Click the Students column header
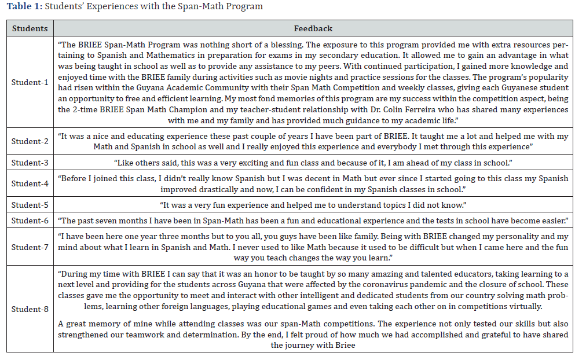pyautogui.click(x=30, y=28)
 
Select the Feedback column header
pyautogui.click(x=313, y=28)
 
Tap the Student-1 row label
pyautogui.click(x=30, y=82)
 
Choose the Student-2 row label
pyautogui.click(x=30, y=141)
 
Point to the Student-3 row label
pyautogui.click(x=30, y=163)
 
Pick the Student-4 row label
pyautogui.click(x=30, y=183)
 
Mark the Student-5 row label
pyautogui.click(x=30, y=205)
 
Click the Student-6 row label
pyautogui.click(x=30, y=221)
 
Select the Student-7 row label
pyautogui.click(x=30, y=247)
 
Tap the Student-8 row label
pyautogui.click(x=30, y=309)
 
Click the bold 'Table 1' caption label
pyautogui.click(x=23, y=6)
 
